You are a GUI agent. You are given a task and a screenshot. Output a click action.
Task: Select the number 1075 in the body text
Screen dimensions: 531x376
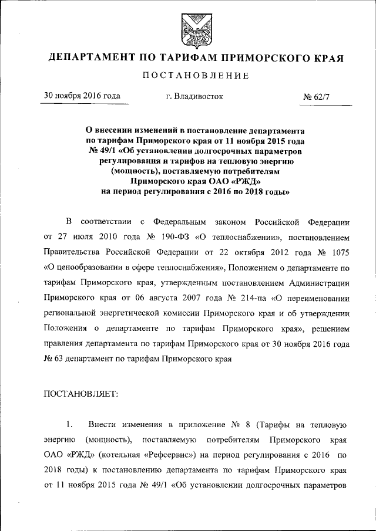[x=339, y=253]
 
